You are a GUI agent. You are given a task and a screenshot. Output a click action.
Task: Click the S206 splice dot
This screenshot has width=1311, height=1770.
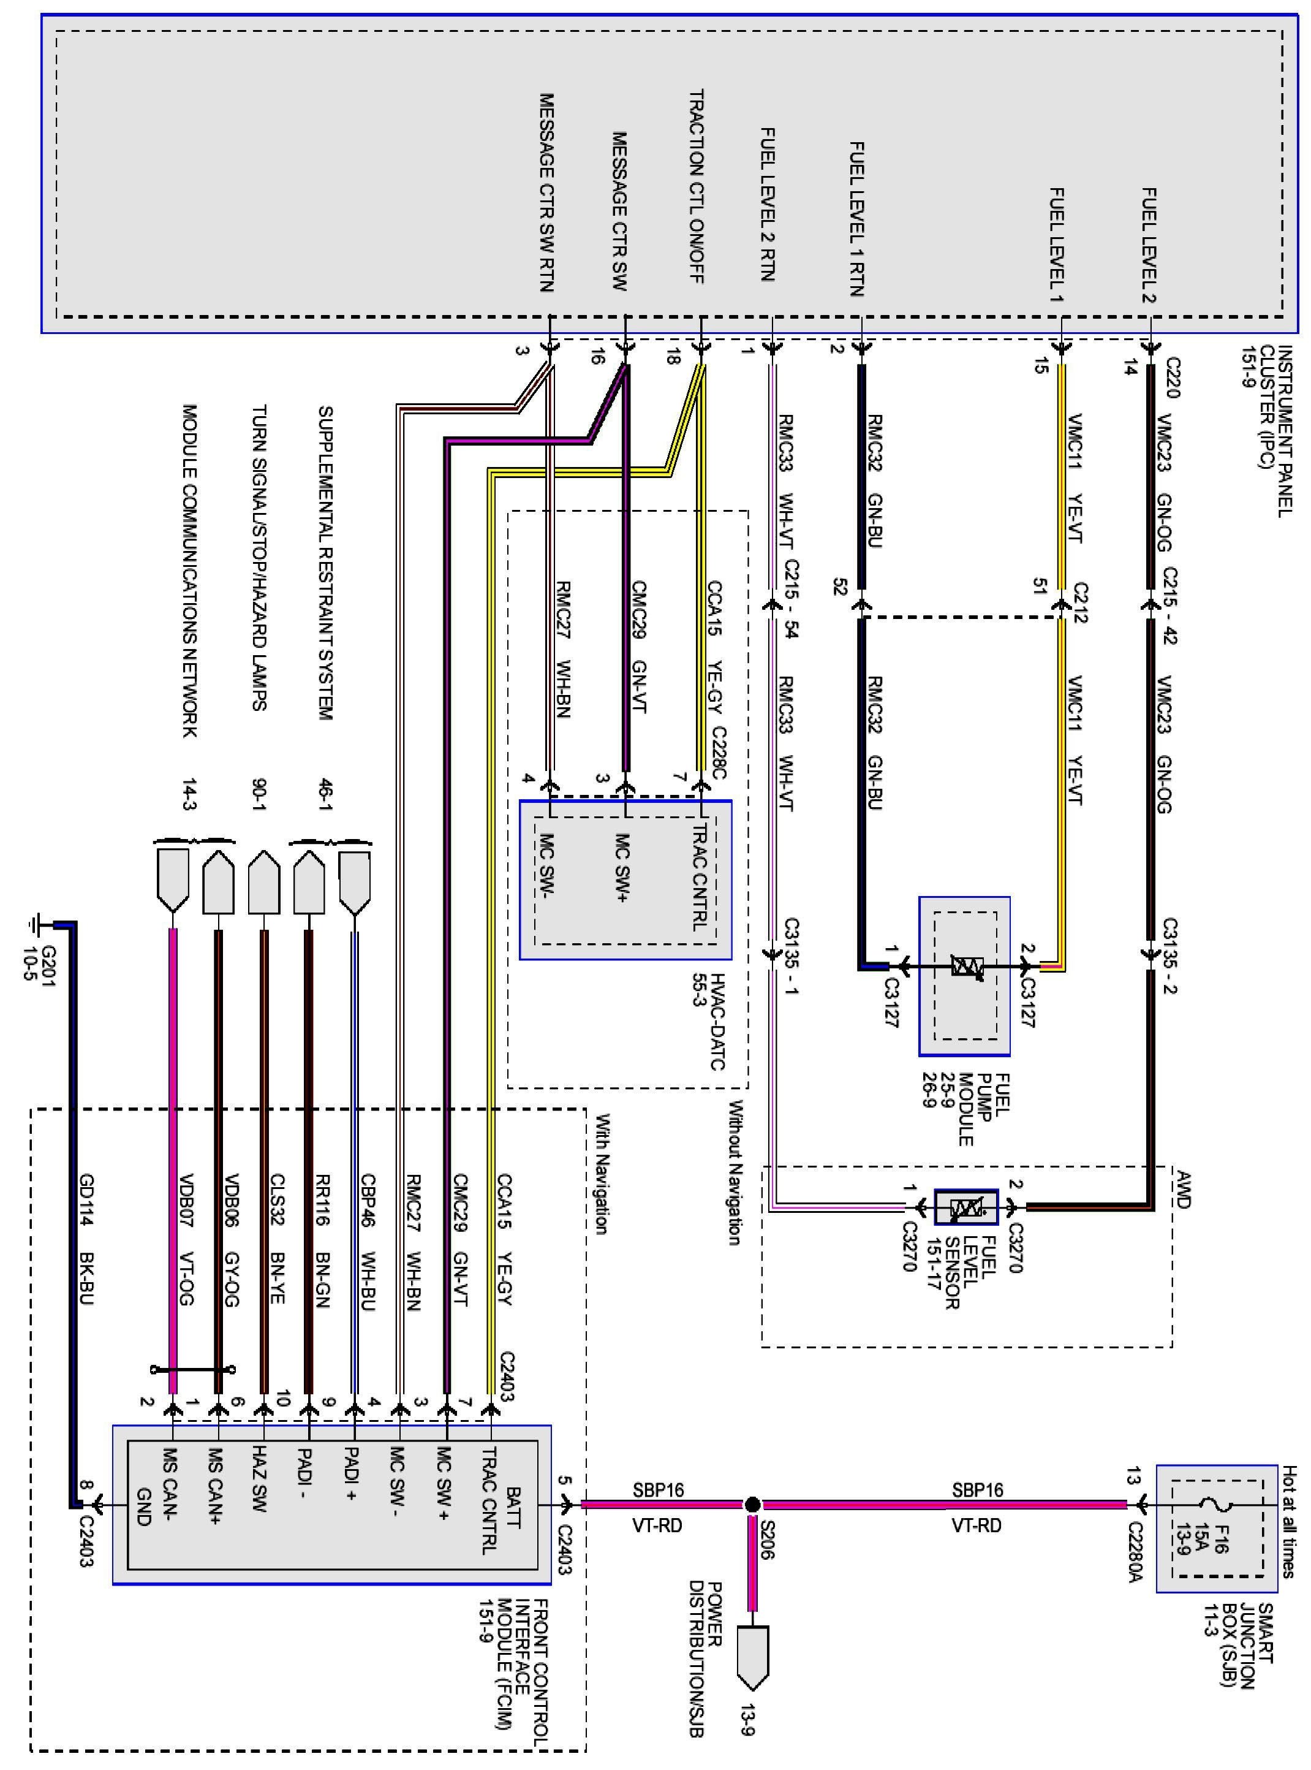(x=752, y=1504)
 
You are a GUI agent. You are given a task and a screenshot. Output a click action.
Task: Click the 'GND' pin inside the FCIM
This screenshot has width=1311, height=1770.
(x=143, y=1505)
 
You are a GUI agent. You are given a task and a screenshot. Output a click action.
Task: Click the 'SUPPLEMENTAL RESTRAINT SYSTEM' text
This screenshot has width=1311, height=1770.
(x=325, y=563)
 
